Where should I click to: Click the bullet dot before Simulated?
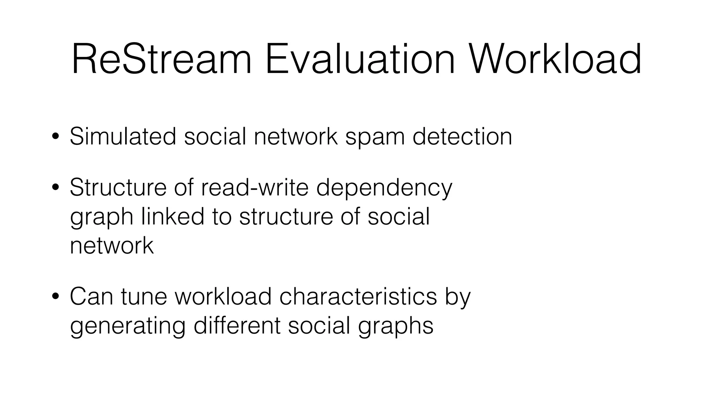(x=55, y=137)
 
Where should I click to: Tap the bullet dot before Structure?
(x=55, y=188)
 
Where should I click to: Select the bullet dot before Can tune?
(x=55, y=297)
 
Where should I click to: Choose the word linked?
(x=173, y=216)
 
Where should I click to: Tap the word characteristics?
(x=358, y=297)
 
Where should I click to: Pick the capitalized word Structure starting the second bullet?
(x=118, y=187)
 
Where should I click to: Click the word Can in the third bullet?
(x=91, y=297)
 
